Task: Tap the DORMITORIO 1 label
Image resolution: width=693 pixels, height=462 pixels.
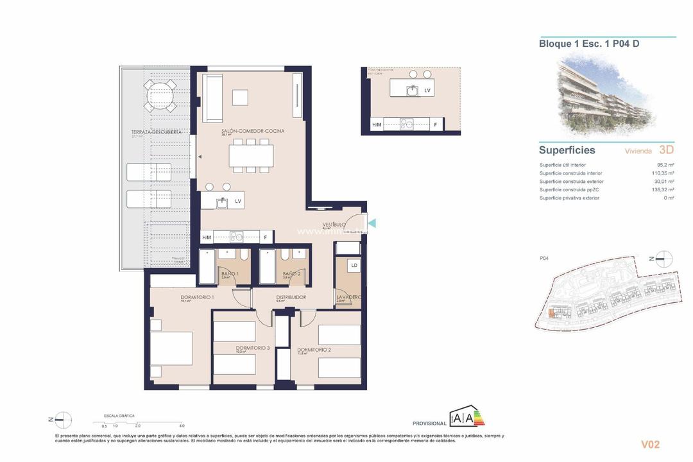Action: pyautogui.click(x=197, y=297)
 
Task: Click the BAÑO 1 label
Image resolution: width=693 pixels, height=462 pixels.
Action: pyautogui.click(x=230, y=274)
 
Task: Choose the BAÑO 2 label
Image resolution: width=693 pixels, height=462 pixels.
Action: pyautogui.click(x=291, y=274)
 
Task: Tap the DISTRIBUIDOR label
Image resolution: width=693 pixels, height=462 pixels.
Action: pyautogui.click(x=291, y=297)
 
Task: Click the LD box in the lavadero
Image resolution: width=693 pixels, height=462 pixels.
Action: pyautogui.click(x=354, y=264)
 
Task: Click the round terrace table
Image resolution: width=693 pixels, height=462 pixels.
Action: pyautogui.click(x=159, y=97)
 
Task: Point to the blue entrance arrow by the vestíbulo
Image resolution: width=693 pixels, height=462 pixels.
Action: pyautogui.click(x=370, y=223)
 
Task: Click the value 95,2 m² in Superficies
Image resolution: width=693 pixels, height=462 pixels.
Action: pyautogui.click(x=665, y=165)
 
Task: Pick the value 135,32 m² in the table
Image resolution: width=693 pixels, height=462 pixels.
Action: pyautogui.click(x=662, y=189)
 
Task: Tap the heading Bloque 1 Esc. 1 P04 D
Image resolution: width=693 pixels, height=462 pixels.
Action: pyautogui.click(x=588, y=44)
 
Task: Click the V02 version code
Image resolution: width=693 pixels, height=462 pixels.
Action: pyautogui.click(x=650, y=444)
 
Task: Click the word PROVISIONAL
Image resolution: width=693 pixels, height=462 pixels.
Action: pyautogui.click(x=429, y=424)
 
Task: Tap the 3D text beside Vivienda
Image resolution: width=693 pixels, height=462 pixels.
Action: pyautogui.click(x=666, y=150)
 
